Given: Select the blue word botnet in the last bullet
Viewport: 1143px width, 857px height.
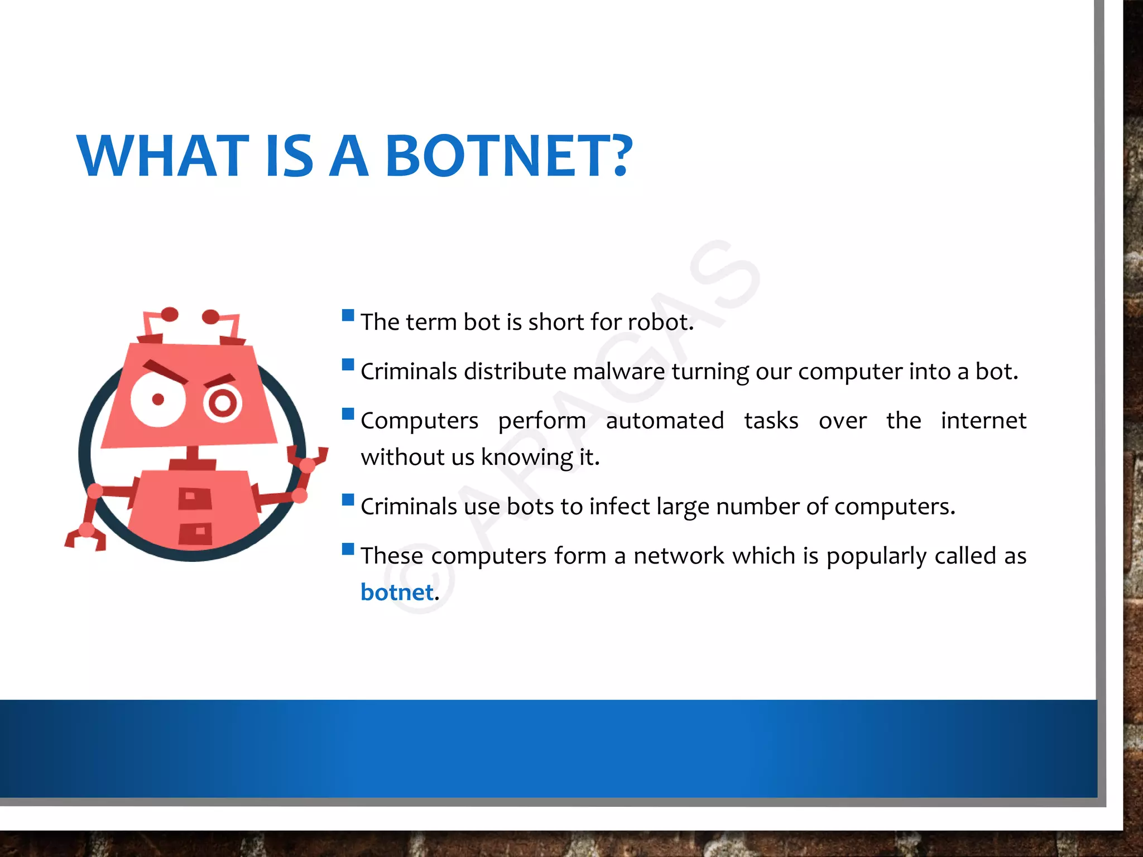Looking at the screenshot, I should [397, 593].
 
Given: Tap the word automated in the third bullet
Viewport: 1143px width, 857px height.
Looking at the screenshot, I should [665, 421].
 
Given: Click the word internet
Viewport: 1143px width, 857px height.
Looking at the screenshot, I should [983, 421].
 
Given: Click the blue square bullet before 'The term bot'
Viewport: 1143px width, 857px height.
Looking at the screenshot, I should [348, 315].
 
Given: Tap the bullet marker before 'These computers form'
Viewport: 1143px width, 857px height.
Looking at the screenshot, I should [348, 549].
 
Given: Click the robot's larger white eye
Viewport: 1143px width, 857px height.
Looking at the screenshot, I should [158, 399].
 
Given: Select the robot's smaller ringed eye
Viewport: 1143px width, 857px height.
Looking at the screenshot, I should [223, 403].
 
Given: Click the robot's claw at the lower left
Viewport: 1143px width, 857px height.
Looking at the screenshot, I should [85, 537].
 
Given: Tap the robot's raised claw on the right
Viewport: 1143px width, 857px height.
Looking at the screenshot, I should [308, 458].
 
